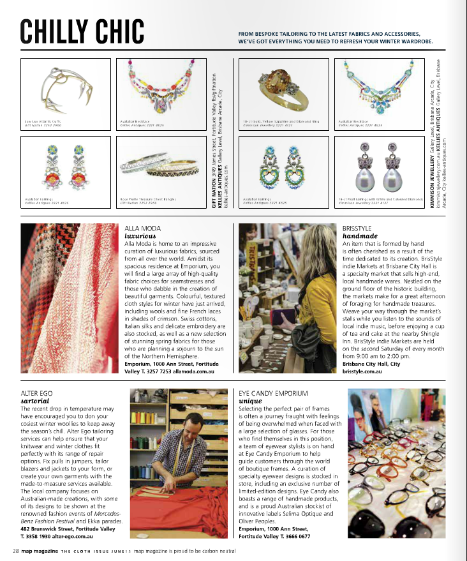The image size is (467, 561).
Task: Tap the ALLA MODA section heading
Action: [x=143, y=228]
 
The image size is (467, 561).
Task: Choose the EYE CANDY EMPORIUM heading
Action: [x=273, y=393]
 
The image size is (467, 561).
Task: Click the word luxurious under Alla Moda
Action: [x=140, y=236]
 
